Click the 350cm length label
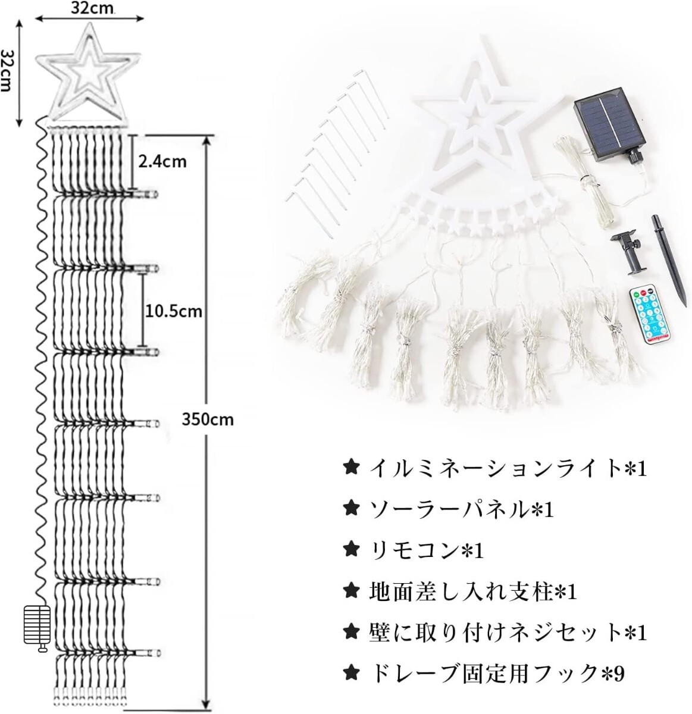pos(208,419)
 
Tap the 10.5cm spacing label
pos(174,312)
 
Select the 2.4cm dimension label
pos(162,161)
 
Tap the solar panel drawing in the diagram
pos(37,630)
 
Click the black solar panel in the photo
pos(609,129)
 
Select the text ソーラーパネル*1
pos(462,511)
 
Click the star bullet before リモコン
pos(351,550)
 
